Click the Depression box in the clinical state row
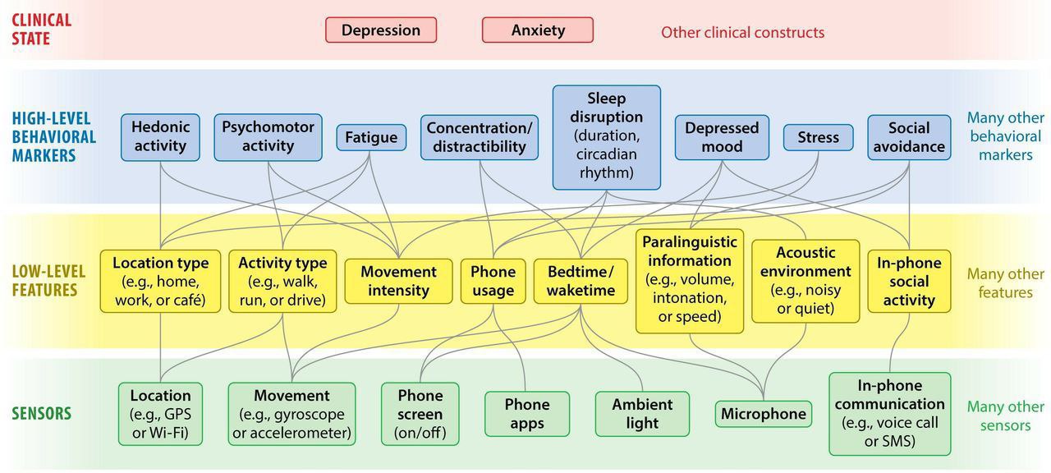[x=381, y=30]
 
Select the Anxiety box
[x=538, y=30]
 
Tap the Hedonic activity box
[x=161, y=136]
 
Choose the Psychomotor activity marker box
[x=268, y=136]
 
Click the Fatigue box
[x=371, y=137]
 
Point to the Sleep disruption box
[x=607, y=135]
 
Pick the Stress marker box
[x=818, y=137]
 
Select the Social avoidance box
[x=909, y=137]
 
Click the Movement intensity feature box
[x=398, y=281]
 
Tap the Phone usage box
[x=493, y=281]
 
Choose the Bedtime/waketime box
[x=581, y=281]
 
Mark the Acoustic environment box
[x=805, y=281]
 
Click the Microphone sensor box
[x=764, y=414]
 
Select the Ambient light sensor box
[x=642, y=414]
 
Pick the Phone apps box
[x=527, y=414]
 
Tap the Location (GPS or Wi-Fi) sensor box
[x=160, y=414]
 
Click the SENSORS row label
[x=41, y=414]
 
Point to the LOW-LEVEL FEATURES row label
[x=45, y=281]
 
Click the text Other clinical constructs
[x=742, y=33]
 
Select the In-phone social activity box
[x=909, y=281]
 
